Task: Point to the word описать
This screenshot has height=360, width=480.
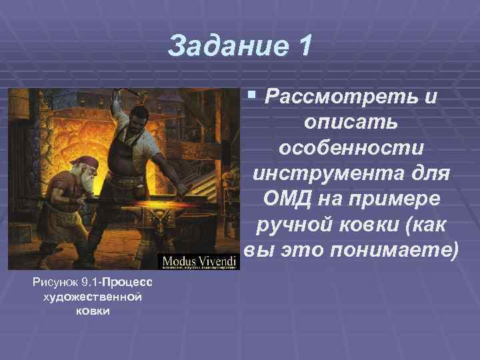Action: (x=351, y=122)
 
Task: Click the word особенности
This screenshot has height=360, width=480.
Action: (x=351, y=150)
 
